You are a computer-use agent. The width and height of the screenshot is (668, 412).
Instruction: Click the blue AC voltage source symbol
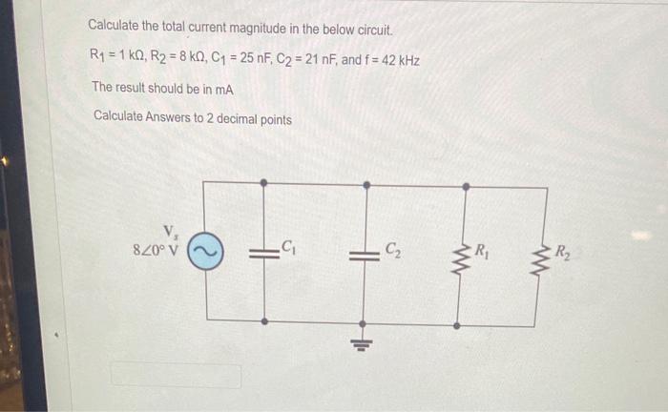tap(206, 252)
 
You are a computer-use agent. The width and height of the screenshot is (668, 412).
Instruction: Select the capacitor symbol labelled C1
tap(263, 253)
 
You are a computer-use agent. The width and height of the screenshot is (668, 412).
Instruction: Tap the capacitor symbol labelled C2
tap(363, 254)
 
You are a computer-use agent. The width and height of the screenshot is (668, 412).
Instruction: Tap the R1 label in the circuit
tap(484, 252)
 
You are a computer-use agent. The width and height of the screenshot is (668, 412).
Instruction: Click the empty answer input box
tap(176, 375)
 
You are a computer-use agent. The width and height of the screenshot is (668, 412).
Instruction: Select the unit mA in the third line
tap(224, 88)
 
